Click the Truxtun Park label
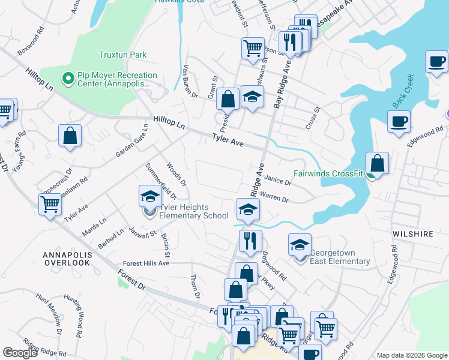point(122,55)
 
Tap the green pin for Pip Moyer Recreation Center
point(67,79)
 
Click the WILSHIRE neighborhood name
point(413,234)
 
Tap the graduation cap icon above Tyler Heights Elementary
point(150,196)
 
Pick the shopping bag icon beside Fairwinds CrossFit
point(377,163)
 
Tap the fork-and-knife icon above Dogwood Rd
point(250,241)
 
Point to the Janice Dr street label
point(277,179)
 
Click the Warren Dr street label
point(276,200)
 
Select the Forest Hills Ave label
point(146,263)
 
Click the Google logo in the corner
point(20,353)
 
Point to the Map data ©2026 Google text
point(411,355)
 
